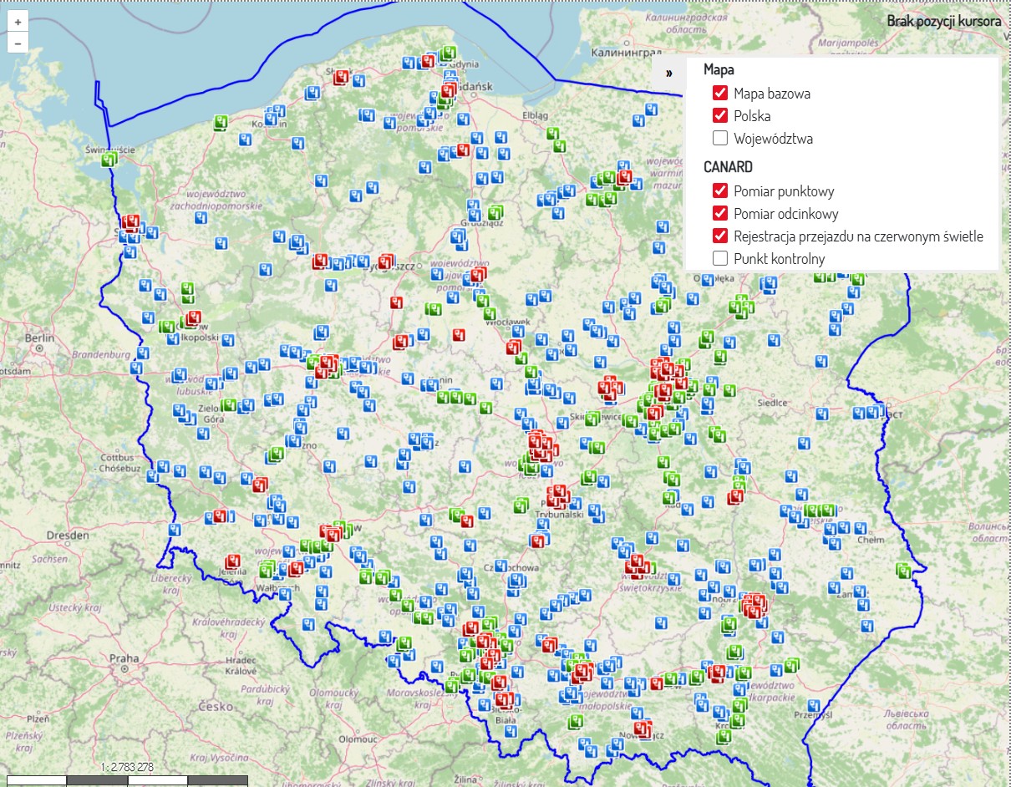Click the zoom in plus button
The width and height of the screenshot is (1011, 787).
tap(18, 23)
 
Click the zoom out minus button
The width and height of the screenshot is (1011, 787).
tap(18, 43)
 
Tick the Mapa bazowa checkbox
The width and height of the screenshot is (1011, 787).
tap(720, 94)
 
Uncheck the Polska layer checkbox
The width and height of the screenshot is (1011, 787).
tap(720, 116)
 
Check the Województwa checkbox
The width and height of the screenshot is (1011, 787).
tap(720, 139)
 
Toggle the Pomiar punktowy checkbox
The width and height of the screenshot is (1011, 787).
tap(720, 191)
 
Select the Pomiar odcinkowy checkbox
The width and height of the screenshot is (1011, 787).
tap(720, 214)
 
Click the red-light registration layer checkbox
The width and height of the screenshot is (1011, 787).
tap(720, 236)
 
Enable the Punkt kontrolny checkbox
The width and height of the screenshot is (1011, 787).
tap(720, 259)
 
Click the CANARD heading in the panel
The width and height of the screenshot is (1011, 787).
tap(728, 167)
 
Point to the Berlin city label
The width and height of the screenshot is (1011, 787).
tap(40, 338)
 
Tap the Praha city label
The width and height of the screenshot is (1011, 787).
tap(124, 658)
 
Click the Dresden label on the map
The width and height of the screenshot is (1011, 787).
tap(68, 535)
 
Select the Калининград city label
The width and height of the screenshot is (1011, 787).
tap(620, 53)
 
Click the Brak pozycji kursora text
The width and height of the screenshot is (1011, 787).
tap(943, 21)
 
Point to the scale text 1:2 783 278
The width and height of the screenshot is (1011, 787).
tap(127, 767)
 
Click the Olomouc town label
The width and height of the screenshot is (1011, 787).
tap(358, 739)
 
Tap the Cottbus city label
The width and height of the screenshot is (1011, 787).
tap(118, 458)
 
